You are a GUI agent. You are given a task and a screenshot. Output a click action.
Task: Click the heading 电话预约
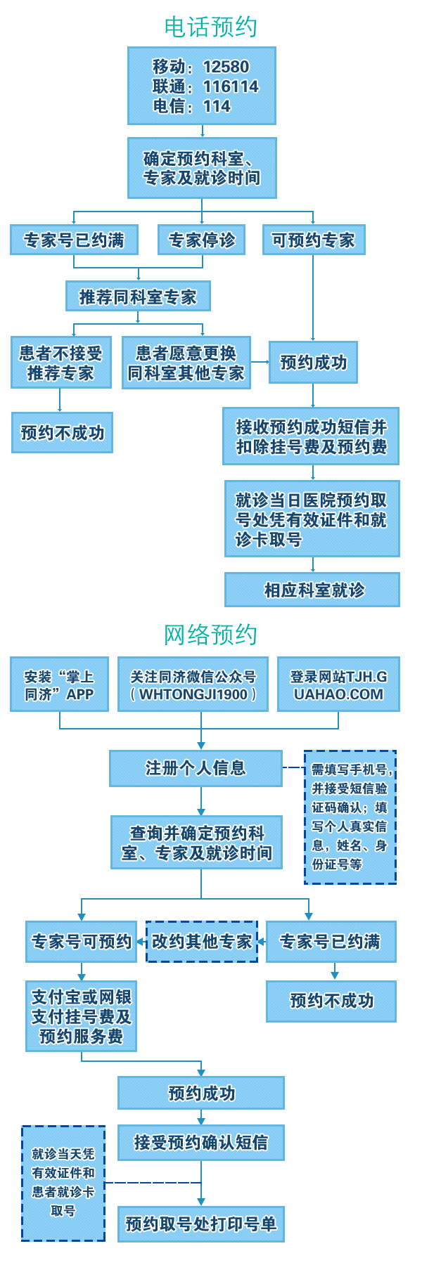click(210, 27)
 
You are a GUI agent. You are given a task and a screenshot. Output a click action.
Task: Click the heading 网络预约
click(210, 635)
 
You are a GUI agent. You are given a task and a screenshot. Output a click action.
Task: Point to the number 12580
click(226, 67)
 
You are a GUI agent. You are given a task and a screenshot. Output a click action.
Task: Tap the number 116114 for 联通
click(231, 86)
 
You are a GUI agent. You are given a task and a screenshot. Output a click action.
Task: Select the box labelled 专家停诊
click(201, 240)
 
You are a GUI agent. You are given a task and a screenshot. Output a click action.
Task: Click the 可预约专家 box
click(314, 240)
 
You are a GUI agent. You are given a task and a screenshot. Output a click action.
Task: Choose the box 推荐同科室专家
click(138, 297)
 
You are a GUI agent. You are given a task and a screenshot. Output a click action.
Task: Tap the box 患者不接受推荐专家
click(60, 363)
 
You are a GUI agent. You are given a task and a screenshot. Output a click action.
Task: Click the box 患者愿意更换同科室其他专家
click(186, 363)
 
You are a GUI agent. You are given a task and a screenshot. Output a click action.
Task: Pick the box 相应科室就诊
click(312, 590)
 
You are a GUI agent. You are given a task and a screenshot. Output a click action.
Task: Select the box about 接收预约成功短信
click(311, 436)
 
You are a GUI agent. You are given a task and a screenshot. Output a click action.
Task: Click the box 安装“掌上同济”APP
click(59, 685)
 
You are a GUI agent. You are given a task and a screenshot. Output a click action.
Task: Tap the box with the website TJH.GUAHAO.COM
click(339, 685)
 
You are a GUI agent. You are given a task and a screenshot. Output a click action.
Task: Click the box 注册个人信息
click(196, 767)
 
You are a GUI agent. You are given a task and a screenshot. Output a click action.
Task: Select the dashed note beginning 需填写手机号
click(350, 817)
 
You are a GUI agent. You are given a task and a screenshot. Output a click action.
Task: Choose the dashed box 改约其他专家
click(201, 941)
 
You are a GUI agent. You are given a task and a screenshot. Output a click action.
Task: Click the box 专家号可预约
click(82, 941)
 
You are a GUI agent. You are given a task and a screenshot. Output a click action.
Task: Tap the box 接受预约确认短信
click(201, 1143)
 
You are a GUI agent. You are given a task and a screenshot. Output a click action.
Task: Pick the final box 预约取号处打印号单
click(201, 1224)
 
